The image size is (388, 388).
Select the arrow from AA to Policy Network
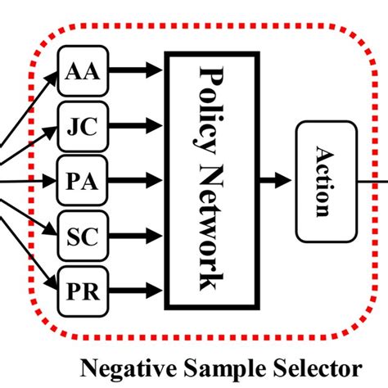tap(134, 71)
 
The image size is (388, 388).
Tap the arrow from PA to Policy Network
tap(134, 180)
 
